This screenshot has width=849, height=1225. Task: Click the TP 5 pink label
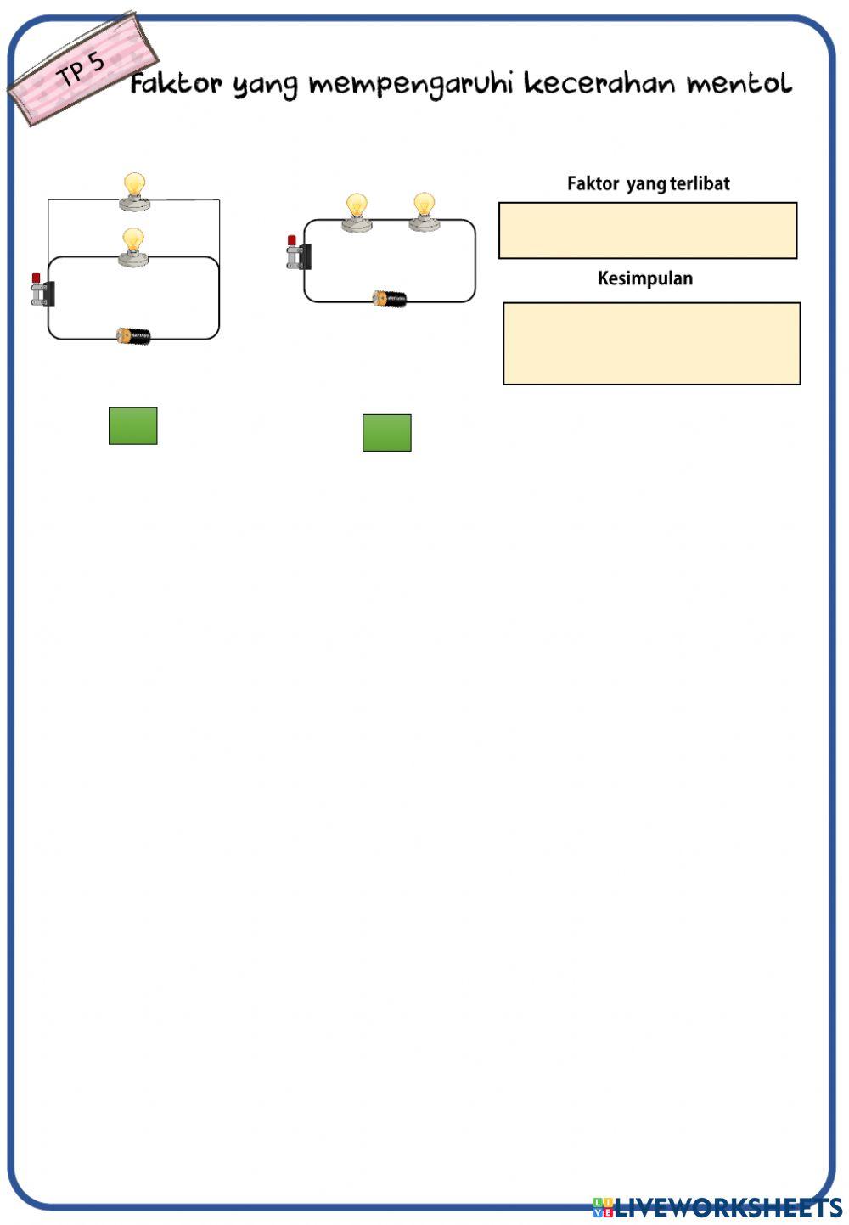82,68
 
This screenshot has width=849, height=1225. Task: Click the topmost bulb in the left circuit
134,191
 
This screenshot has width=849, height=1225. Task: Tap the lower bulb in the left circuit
133,247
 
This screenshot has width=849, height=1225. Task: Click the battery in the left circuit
134,336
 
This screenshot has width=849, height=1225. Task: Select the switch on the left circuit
42,291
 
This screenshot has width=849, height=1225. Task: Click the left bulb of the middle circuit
357,212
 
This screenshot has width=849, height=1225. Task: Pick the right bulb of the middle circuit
424,211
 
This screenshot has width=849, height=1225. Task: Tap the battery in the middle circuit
390,299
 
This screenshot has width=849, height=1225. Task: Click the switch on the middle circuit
298,254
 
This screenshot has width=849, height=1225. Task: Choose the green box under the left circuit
133,425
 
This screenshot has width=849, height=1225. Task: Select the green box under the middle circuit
387,432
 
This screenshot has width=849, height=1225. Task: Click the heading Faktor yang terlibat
648,183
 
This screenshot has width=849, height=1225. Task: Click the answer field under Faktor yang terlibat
648,230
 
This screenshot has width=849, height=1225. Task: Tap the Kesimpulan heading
645,278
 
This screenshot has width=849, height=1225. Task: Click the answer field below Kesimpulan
651,343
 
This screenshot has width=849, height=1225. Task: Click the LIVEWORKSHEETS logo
717,1207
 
